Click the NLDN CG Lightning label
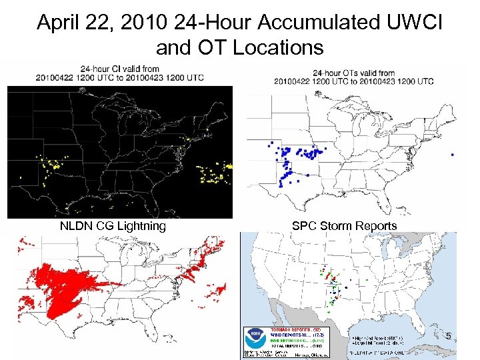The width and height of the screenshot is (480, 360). coord(113,226)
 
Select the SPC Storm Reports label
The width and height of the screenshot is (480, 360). coord(344,226)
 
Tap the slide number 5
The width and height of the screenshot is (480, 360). coord(449,335)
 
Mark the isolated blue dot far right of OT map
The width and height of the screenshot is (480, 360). coord(452,155)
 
